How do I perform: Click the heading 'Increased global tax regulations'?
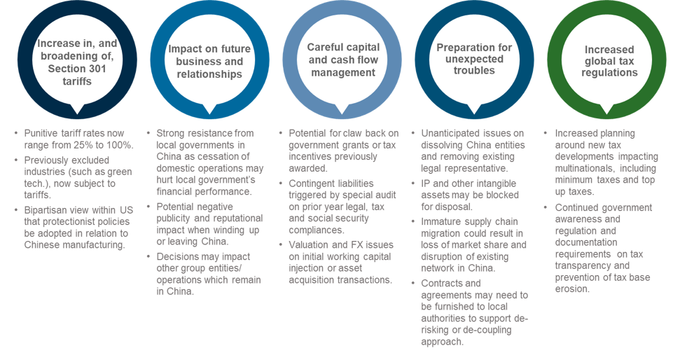(609, 61)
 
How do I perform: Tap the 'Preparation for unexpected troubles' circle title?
(474, 59)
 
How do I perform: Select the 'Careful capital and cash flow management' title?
(342, 60)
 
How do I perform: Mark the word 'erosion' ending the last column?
(572, 289)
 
